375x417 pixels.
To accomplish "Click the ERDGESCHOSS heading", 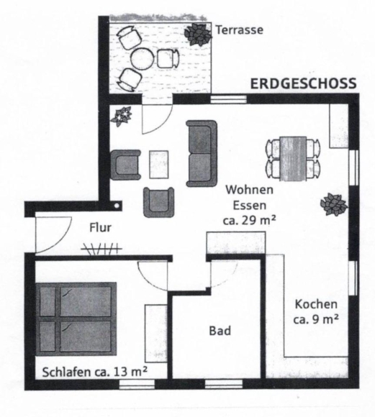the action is (x=303, y=83).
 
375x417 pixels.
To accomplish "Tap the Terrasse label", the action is (x=239, y=29).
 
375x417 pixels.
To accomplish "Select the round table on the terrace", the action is (x=143, y=59).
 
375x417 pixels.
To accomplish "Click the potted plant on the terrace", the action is (x=198, y=34).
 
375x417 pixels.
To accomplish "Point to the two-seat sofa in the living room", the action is (x=202, y=153).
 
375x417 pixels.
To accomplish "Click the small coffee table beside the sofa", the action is (x=159, y=165).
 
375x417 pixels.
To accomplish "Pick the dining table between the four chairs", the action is (x=293, y=158).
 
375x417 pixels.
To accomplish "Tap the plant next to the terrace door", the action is (x=122, y=116).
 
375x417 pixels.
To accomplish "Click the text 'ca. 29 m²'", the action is (x=249, y=221).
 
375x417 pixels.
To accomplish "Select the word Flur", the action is (x=100, y=228).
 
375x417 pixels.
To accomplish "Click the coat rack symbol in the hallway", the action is (x=101, y=249).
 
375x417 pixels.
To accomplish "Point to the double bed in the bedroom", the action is (x=76, y=319).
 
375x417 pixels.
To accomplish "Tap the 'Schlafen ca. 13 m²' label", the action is (x=95, y=372).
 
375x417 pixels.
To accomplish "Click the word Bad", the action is (x=220, y=331).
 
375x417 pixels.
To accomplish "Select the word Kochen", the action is (x=316, y=304).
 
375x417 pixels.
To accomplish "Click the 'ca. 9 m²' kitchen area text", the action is (x=316, y=319).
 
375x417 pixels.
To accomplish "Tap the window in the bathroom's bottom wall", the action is (x=224, y=384).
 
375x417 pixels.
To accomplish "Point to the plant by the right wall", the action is (x=334, y=204).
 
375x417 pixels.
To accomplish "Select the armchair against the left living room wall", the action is (x=125, y=165).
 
